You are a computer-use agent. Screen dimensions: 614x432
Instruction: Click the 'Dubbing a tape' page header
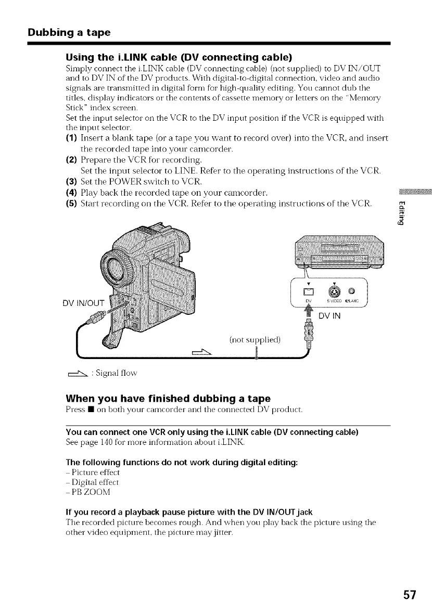pos(69,32)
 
